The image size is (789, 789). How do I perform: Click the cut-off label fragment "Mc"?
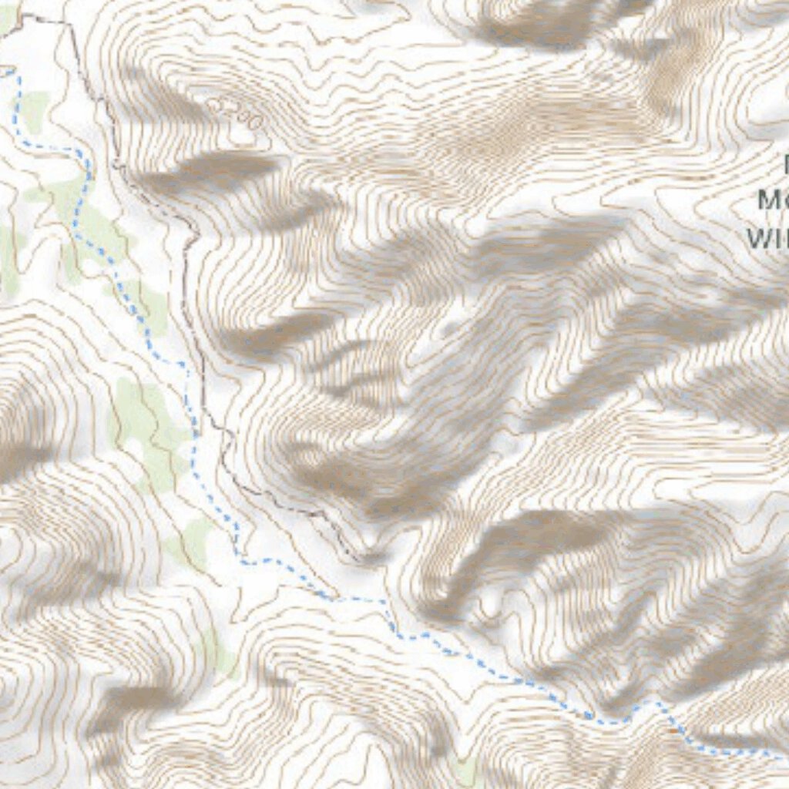[773, 200]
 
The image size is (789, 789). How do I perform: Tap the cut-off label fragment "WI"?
[767, 237]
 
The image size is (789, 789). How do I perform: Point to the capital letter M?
[768, 200]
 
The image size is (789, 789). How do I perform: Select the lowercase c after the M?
[784, 202]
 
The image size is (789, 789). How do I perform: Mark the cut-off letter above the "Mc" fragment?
[786, 163]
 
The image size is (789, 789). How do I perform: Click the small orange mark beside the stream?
[674, 730]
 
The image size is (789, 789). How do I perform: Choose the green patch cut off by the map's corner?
[6, 18]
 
